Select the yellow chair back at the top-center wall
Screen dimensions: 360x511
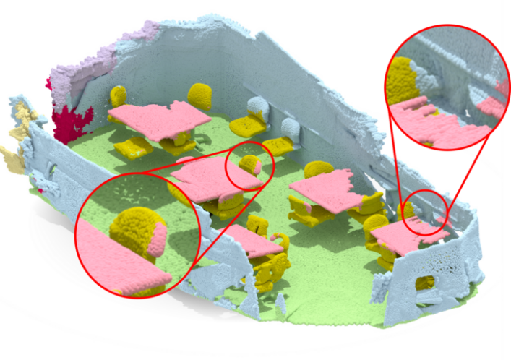pos(200,95)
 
